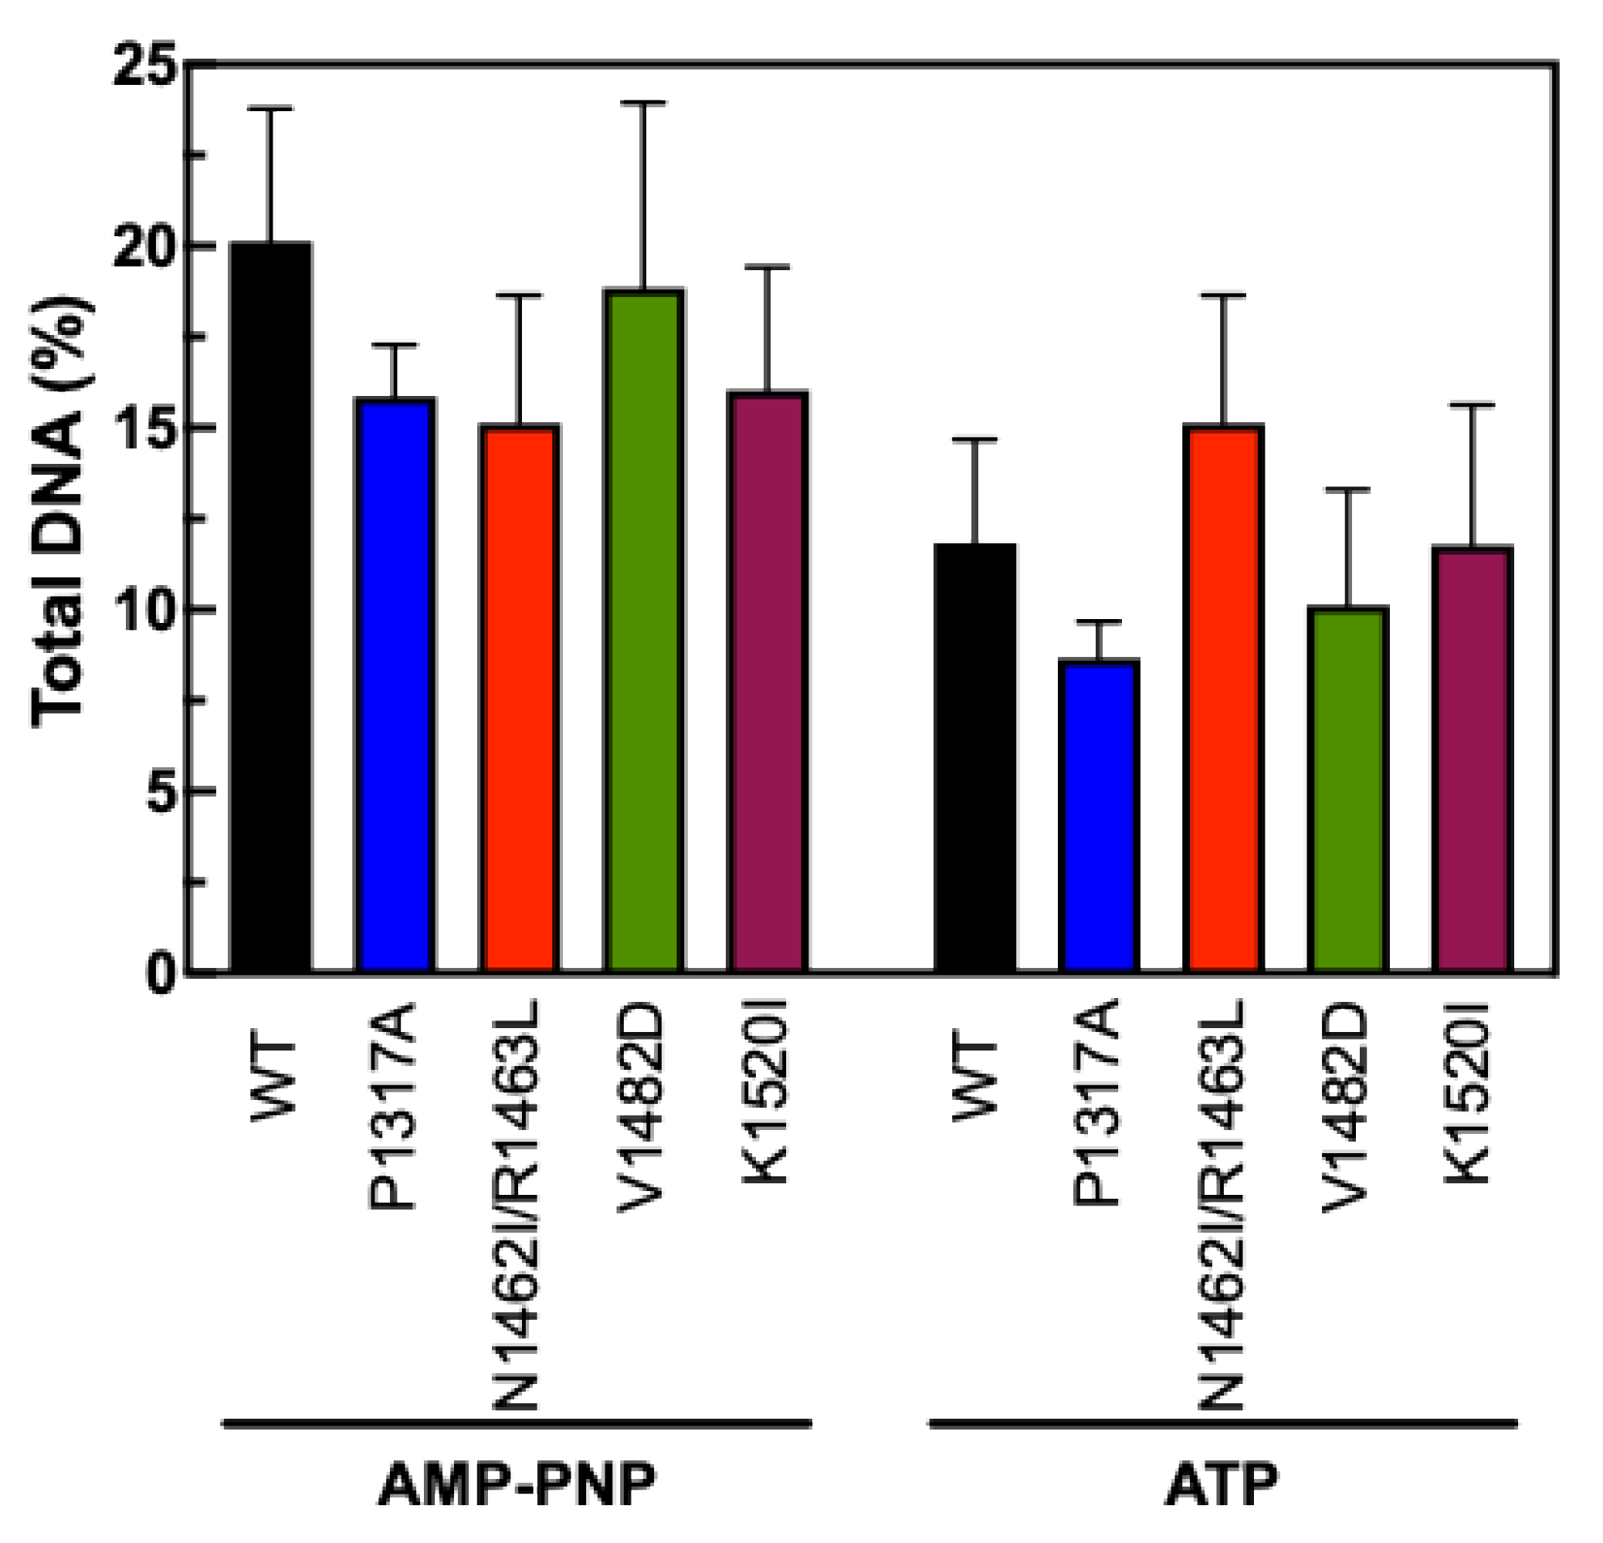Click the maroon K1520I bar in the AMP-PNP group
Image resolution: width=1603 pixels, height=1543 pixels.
coord(768,683)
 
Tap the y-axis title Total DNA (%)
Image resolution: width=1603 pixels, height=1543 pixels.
coord(61,513)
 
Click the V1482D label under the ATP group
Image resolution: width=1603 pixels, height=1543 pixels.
coord(1345,1108)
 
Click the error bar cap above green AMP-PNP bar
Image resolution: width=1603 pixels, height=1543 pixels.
coord(643,103)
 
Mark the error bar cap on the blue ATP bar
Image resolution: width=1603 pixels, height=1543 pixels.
coord(1098,622)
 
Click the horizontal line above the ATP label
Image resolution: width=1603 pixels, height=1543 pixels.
coord(1222,1423)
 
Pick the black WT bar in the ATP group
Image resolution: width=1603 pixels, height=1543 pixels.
coord(975,759)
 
